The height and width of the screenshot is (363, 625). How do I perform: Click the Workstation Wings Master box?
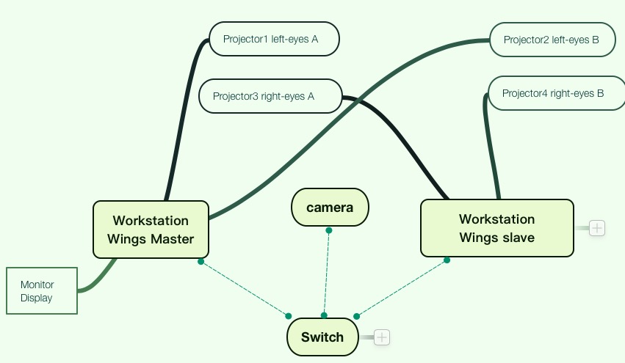coord(151,230)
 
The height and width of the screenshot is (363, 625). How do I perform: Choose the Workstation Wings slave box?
coord(496,228)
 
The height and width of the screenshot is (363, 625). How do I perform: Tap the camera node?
coord(330,208)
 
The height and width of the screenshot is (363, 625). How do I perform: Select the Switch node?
coord(322,337)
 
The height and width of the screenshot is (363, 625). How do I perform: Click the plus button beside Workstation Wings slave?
coord(597,228)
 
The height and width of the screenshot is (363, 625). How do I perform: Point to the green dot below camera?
coord(329,230)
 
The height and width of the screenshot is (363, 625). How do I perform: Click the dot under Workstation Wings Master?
coord(200,261)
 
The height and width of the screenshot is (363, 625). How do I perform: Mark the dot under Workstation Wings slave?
coord(447,260)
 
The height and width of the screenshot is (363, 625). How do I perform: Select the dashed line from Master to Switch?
coord(245,289)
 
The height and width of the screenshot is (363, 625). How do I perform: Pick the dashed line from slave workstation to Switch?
coord(402,287)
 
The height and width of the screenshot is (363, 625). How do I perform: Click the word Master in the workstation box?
coord(172,239)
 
